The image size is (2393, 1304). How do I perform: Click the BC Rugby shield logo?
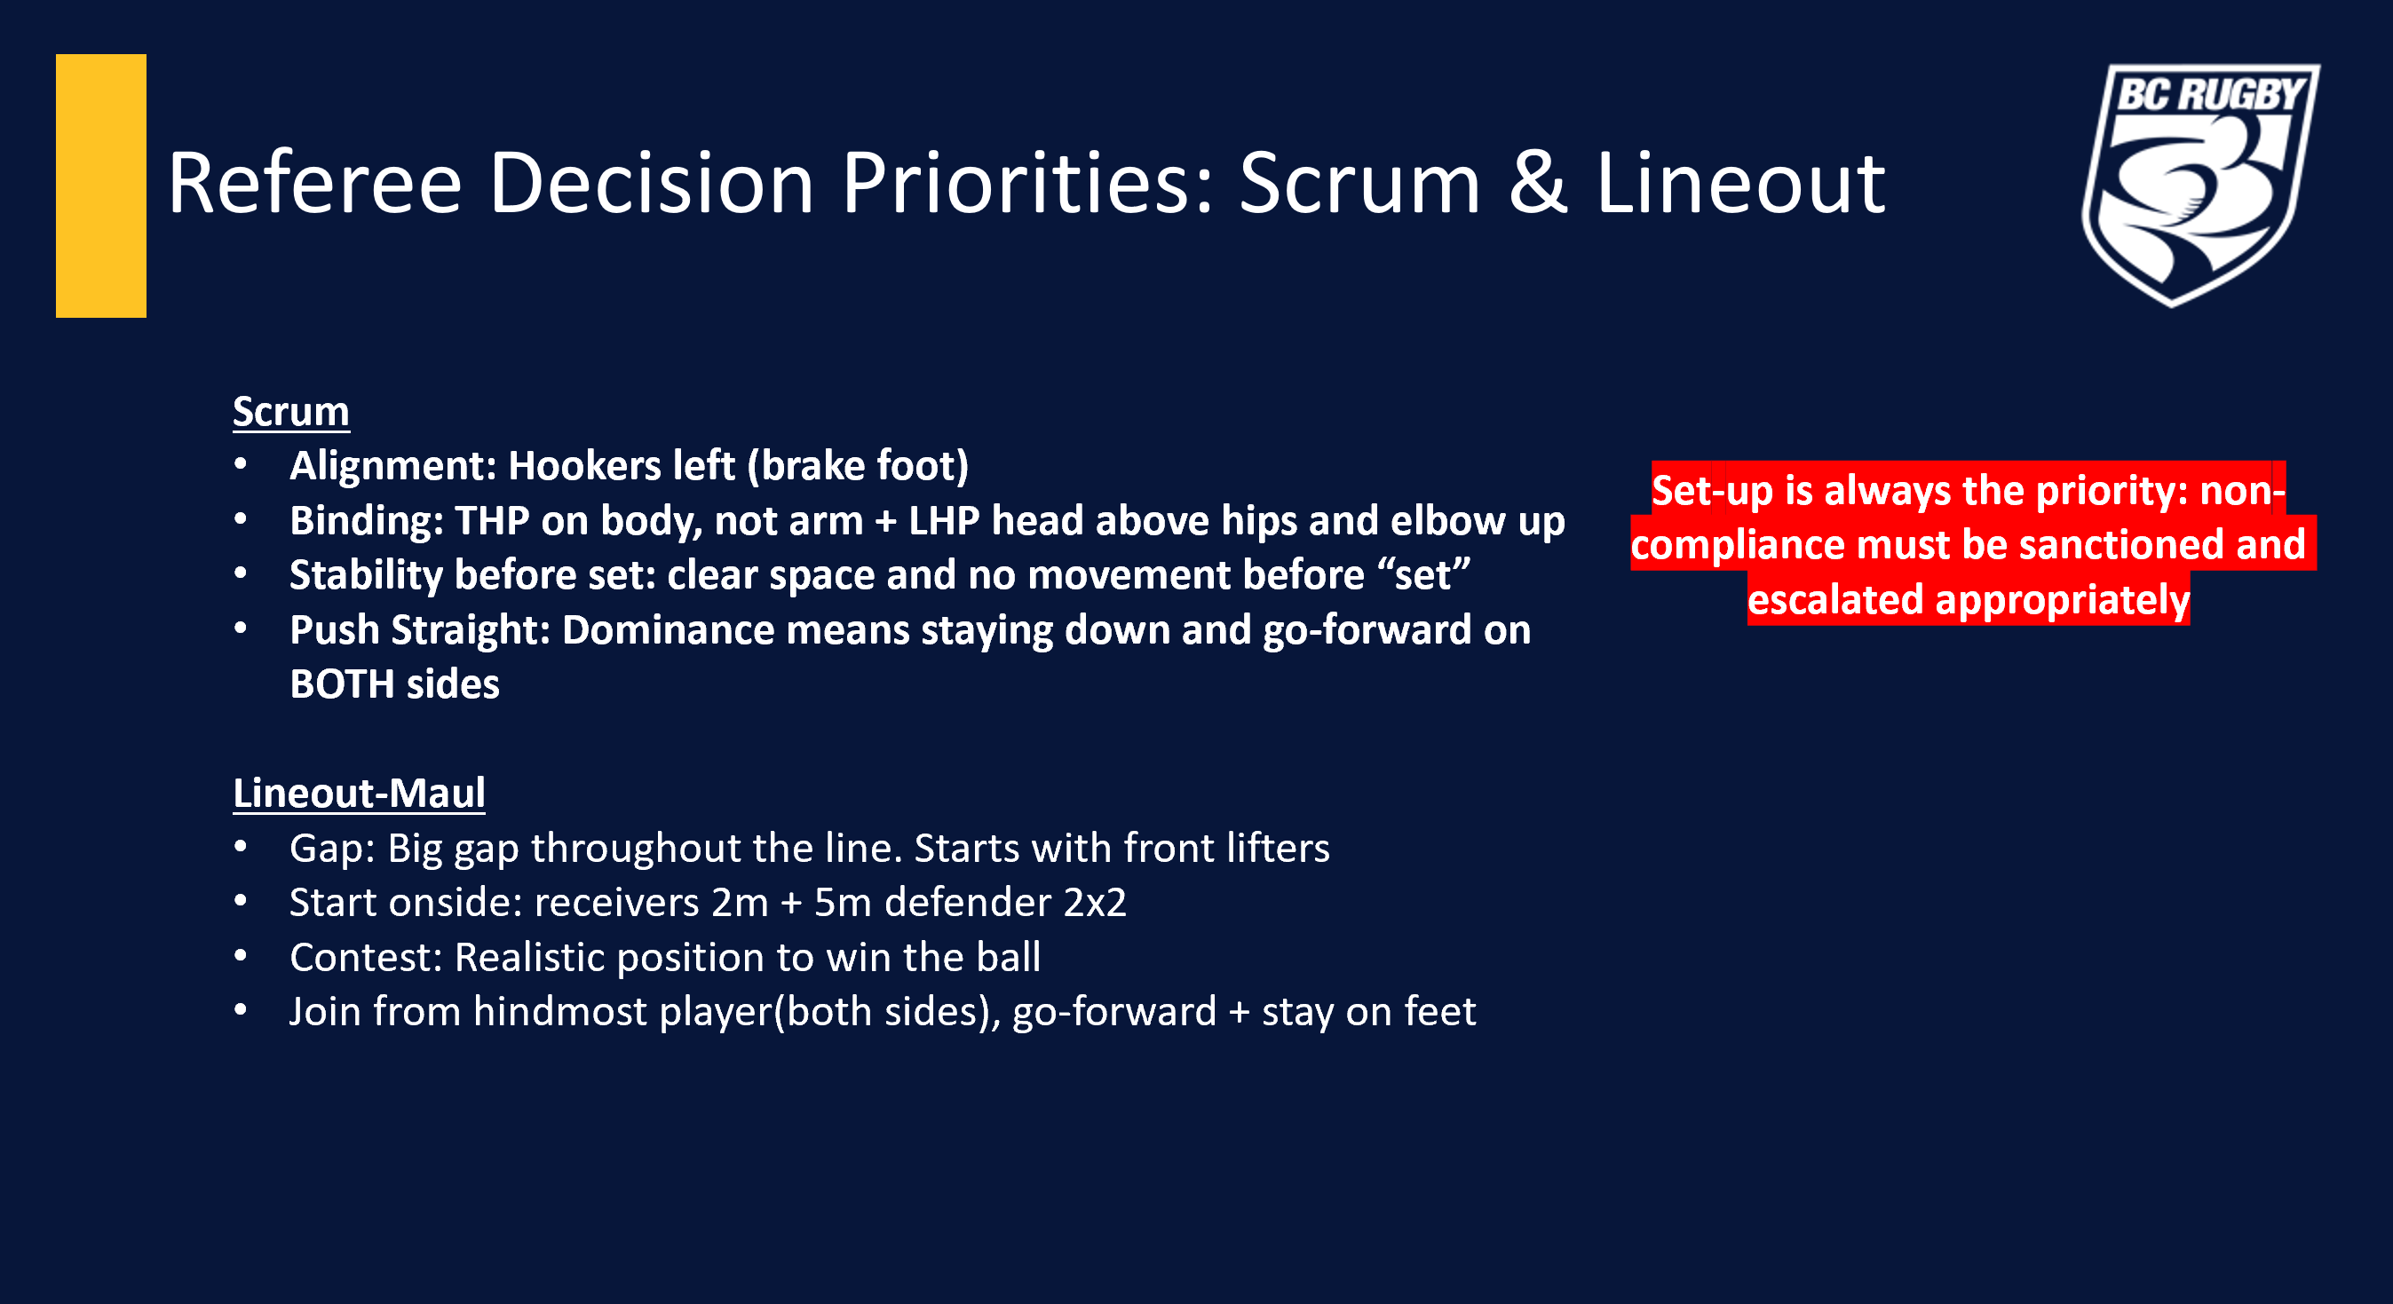click(x=2200, y=185)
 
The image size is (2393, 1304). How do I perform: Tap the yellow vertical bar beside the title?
click(x=101, y=186)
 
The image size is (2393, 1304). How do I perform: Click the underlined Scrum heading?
click(x=290, y=412)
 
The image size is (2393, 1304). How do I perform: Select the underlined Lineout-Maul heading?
click(x=359, y=794)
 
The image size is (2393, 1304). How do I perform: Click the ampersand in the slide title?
click(x=1537, y=183)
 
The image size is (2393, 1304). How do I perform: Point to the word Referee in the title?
click(x=315, y=183)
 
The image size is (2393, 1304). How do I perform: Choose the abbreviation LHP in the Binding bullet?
click(x=944, y=521)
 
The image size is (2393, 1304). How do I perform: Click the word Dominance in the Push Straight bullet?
click(x=667, y=629)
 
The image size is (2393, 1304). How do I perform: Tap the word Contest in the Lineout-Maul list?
click(x=366, y=958)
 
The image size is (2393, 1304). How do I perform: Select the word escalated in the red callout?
click(x=1835, y=600)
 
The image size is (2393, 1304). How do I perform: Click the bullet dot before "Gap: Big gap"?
click(x=241, y=846)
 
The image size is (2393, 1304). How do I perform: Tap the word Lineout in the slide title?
click(x=1740, y=183)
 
